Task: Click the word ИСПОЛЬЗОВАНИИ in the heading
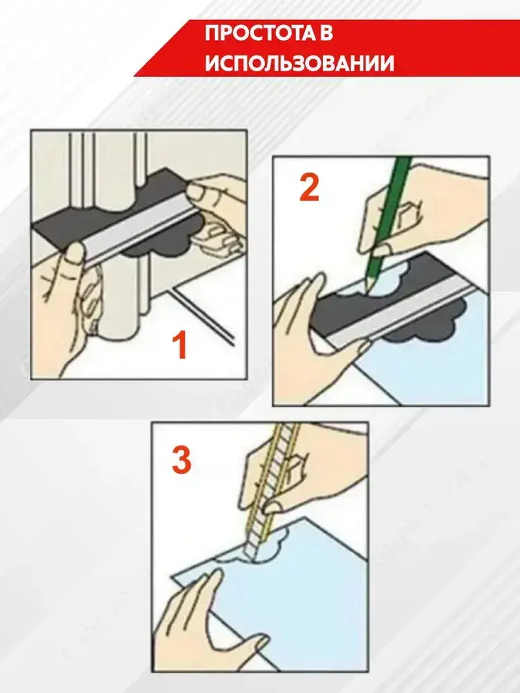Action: point(300,64)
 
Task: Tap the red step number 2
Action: point(309,187)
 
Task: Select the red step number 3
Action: point(181,461)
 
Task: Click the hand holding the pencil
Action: point(420,208)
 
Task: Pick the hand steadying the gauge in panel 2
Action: point(318,327)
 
